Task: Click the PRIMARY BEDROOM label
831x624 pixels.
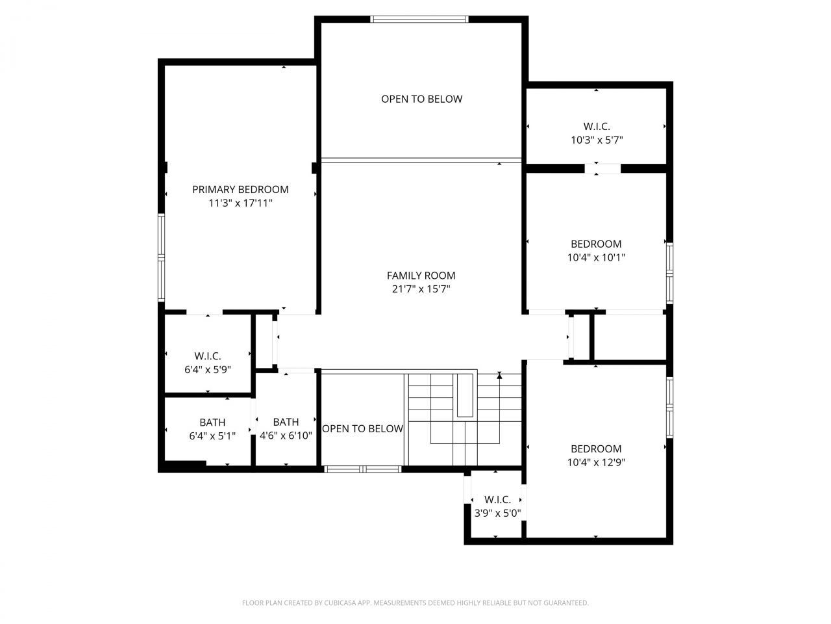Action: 240,189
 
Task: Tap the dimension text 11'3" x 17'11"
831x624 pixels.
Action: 240,203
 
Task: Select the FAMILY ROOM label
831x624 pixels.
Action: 421,276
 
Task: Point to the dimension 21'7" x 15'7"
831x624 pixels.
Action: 421,289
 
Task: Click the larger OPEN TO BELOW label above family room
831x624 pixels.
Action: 421,99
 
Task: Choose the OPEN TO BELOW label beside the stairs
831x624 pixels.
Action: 362,428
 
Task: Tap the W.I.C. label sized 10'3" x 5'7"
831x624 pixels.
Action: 596,126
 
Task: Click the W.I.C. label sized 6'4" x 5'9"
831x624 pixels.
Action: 208,356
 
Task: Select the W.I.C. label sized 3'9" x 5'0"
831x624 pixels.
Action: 497,499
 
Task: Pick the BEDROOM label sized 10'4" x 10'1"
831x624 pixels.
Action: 596,244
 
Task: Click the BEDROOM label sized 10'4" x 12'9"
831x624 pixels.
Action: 596,448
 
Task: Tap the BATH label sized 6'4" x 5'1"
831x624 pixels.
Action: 212,422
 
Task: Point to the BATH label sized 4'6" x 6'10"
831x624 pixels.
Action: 286,422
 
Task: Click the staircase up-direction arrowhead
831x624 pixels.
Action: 499,375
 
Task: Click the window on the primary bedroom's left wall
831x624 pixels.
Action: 162,257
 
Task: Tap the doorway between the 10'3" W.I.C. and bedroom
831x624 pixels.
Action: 602,168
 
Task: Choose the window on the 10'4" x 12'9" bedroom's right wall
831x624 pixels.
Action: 669,406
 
